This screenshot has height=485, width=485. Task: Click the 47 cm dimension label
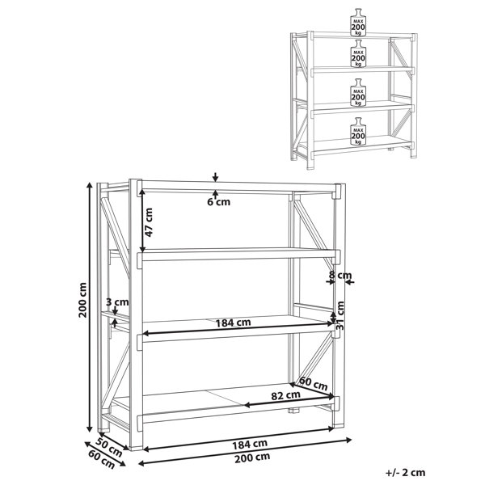tap(149, 222)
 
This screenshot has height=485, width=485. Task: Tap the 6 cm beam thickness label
tap(219, 202)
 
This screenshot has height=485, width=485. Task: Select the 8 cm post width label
tap(340, 275)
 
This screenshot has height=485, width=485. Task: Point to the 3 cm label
tap(117, 302)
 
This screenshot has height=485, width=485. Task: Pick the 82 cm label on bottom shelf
tap(285, 395)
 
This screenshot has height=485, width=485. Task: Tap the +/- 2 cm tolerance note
tap(406, 472)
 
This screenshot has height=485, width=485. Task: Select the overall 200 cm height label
tap(82, 300)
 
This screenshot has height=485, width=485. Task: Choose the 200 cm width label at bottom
tap(252, 458)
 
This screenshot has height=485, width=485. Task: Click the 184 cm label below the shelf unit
tap(250, 444)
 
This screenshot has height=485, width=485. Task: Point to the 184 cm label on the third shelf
tap(233, 323)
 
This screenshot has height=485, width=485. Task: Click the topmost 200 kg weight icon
tap(358, 22)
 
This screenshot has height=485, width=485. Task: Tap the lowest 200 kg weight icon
tap(358, 131)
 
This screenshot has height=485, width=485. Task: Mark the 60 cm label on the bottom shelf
tap(313, 384)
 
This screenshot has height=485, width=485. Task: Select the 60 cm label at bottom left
tap(102, 458)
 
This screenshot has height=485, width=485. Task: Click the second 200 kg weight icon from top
tap(358, 53)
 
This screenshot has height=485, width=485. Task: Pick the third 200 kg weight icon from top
tap(358, 92)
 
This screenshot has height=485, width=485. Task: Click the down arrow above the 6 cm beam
tap(216, 177)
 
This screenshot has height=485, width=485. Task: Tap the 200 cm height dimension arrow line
tap(90, 307)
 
